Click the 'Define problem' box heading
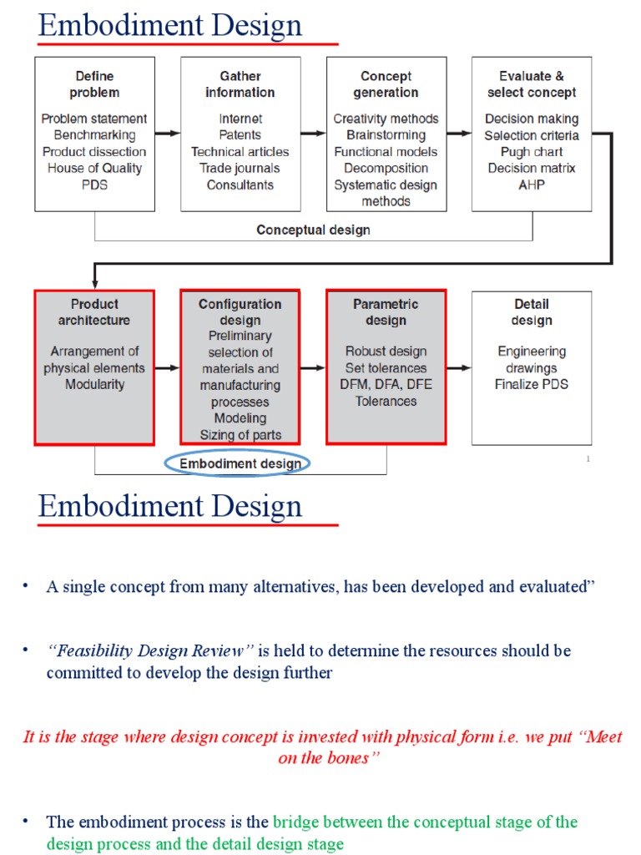[94, 84]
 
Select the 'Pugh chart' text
[532, 152]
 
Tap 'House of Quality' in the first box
[94, 168]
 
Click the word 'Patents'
[240, 135]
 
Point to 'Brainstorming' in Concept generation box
[386, 135]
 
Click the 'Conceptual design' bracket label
[313, 230]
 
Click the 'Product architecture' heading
[94, 312]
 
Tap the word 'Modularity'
[94, 384]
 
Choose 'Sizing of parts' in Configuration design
[240, 434]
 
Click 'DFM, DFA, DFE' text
[386, 384]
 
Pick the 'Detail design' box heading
[532, 312]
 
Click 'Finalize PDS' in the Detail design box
[532, 384]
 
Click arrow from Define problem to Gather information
[167, 133]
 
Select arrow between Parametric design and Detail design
[458, 367]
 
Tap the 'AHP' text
[532, 185]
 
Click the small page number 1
[588, 459]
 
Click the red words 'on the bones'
[321, 757]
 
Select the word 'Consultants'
[240, 185]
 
